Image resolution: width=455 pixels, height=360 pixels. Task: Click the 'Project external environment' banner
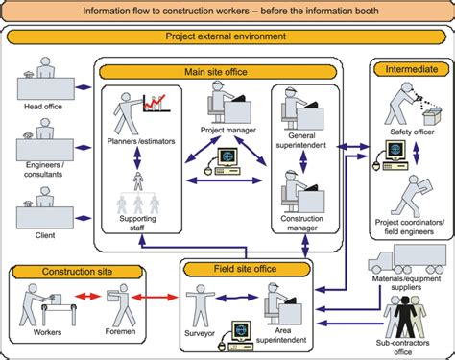[x=227, y=37]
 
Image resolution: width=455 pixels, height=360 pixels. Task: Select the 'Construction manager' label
[x=305, y=222]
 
